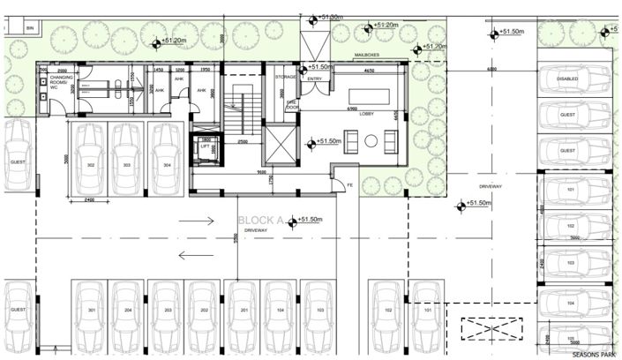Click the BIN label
point(29,29)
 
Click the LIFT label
point(205,146)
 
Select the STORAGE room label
point(285,77)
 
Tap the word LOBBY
point(367,113)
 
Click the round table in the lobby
point(371,139)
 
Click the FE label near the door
point(348,185)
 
